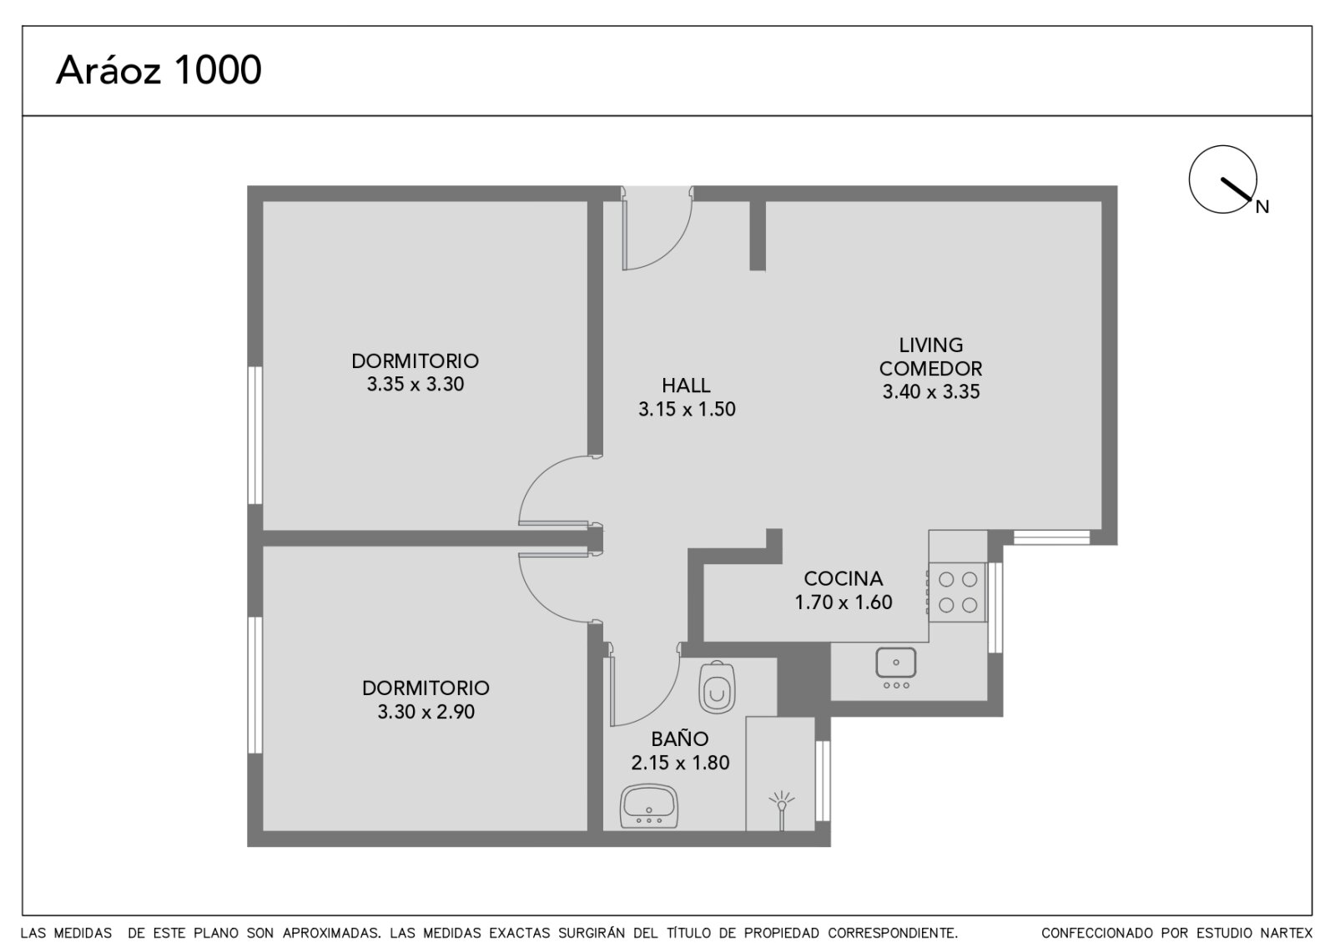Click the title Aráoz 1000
[x=159, y=70]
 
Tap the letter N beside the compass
[x=1262, y=207]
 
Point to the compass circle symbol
[x=1222, y=179]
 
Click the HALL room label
[x=686, y=386]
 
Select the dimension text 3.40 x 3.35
[x=931, y=391]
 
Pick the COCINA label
[x=843, y=579]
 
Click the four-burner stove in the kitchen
[x=957, y=593]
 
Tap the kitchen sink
[x=896, y=668]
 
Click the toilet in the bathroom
[x=717, y=688]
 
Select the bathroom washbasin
[x=649, y=806]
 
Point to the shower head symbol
[x=781, y=809]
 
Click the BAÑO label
[x=679, y=739]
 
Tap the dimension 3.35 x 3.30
[x=416, y=385]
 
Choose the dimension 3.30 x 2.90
[x=426, y=712]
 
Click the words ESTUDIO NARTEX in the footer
[x=1245, y=933]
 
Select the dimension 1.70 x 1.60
[x=843, y=603]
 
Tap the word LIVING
[x=930, y=345]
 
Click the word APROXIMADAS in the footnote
[x=332, y=933]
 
